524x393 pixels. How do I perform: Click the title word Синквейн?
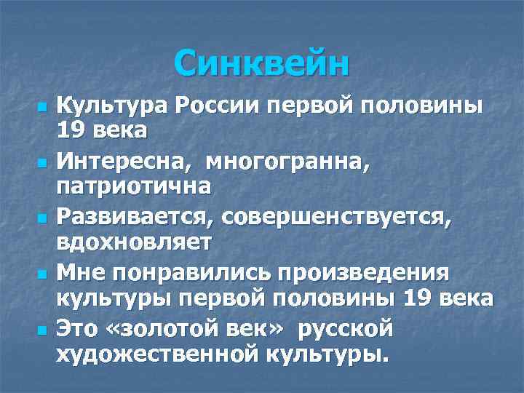[x=262, y=64]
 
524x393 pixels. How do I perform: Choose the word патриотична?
[x=134, y=186]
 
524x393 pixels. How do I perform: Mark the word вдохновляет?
[x=135, y=242]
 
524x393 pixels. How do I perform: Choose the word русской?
[x=345, y=328]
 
